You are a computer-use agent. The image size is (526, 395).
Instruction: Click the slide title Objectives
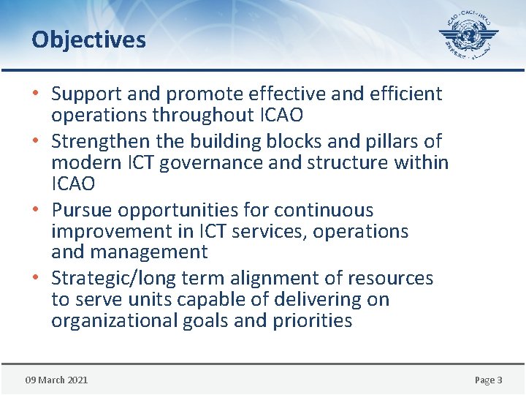[x=88, y=39]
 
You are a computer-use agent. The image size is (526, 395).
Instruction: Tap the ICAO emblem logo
[x=468, y=34]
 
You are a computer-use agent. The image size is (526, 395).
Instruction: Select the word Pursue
[x=81, y=210]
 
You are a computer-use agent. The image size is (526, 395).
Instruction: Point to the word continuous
[x=334, y=210]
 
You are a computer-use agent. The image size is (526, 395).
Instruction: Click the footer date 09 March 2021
[x=56, y=380]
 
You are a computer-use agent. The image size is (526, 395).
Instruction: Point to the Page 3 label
[x=488, y=380]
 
